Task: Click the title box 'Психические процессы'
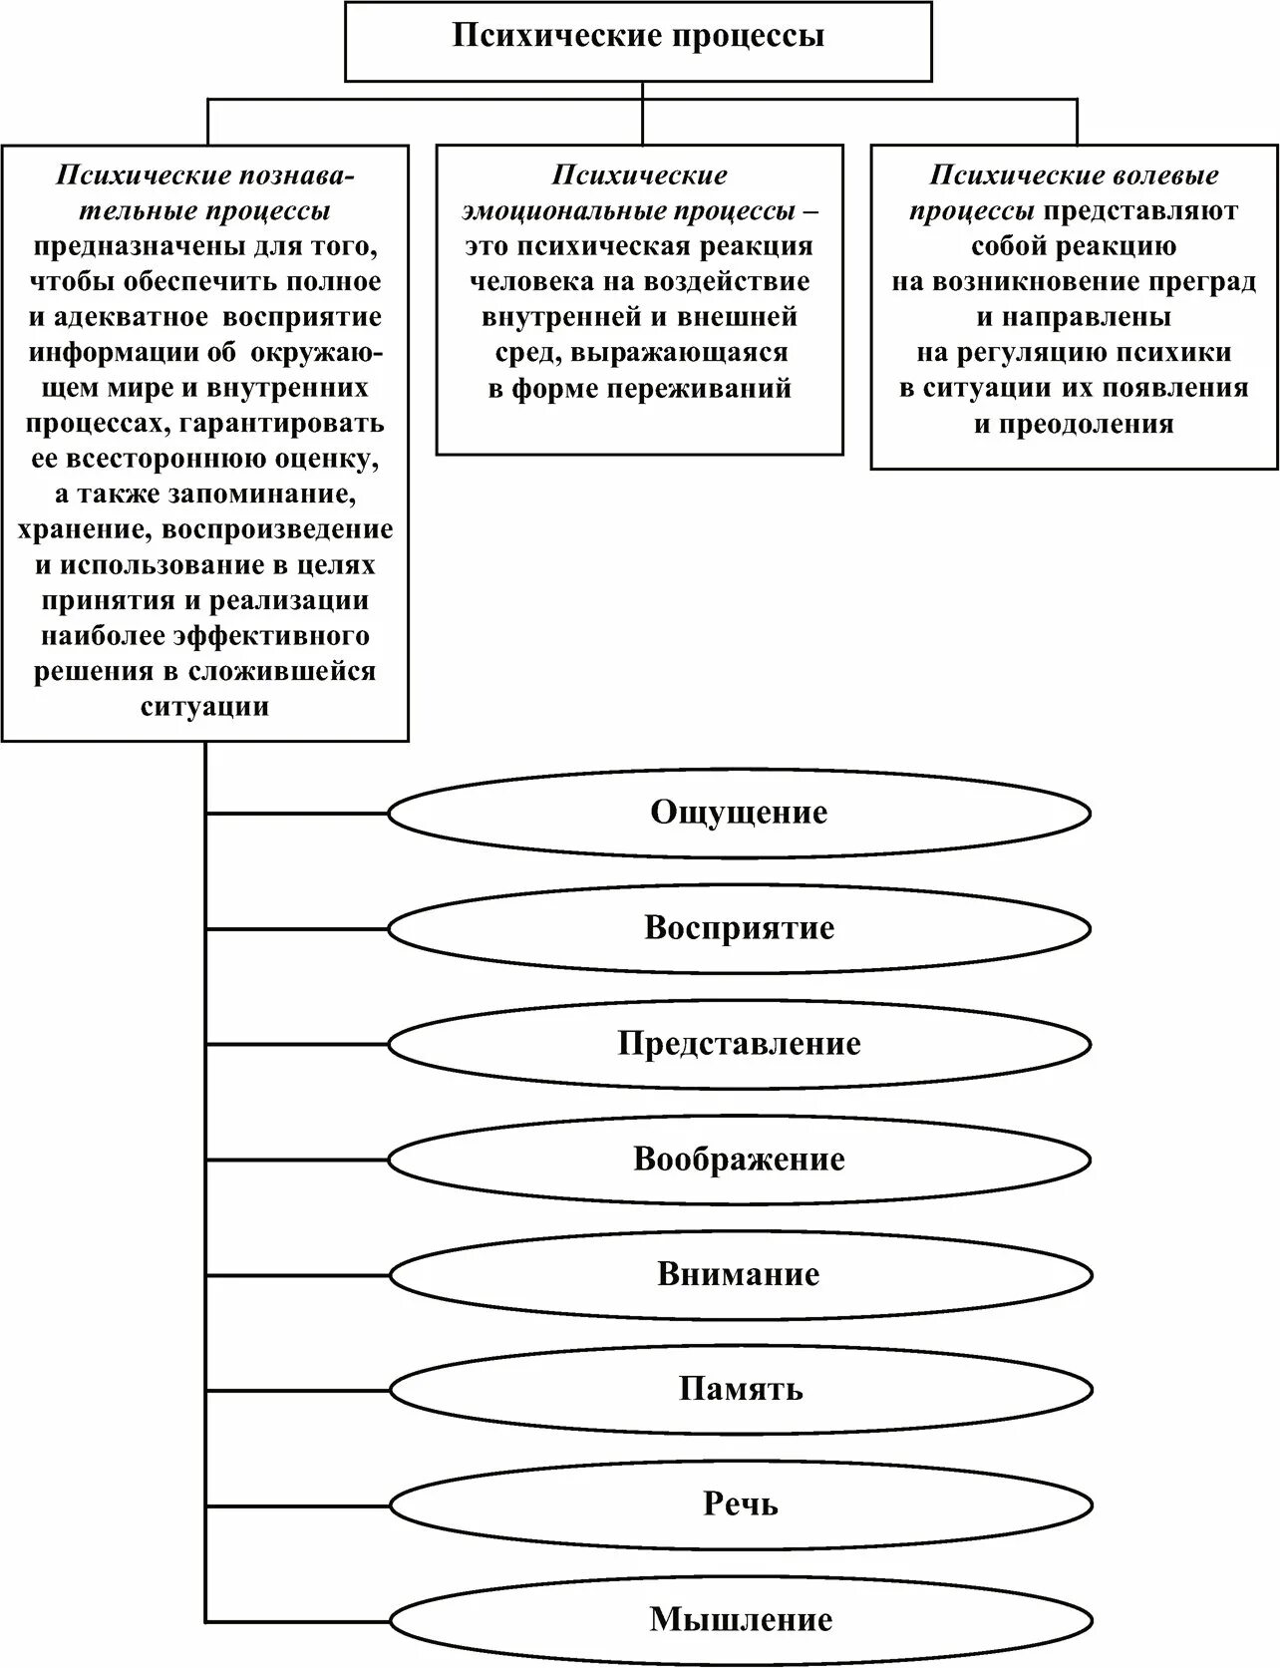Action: click(x=638, y=38)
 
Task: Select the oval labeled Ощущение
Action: click(x=739, y=813)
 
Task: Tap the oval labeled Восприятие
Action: click(x=739, y=928)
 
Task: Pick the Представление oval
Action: click(x=739, y=1044)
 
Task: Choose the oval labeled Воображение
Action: click(x=739, y=1160)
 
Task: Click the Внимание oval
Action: click(x=739, y=1275)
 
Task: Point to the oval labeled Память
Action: click(x=739, y=1390)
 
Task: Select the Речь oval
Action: click(x=739, y=1504)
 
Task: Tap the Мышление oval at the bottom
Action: click(x=739, y=1619)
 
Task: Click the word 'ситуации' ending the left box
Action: click(x=205, y=708)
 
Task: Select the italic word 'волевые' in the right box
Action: click(x=1162, y=175)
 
